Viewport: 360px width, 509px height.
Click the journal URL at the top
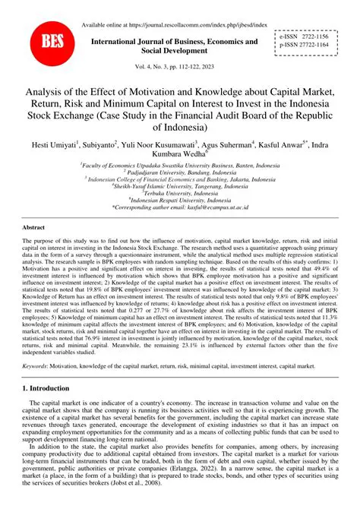pos(173,24)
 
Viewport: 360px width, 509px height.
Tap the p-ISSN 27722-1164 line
pos(314,45)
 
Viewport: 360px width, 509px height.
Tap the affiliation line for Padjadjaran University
pos(179,172)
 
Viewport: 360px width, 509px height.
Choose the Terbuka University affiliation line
pos(179,192)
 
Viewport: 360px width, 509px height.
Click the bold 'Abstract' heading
pos(33,227)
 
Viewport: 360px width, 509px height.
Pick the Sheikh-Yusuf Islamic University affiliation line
pos(179,185)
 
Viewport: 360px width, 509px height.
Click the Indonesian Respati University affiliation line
pos(179,199)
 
